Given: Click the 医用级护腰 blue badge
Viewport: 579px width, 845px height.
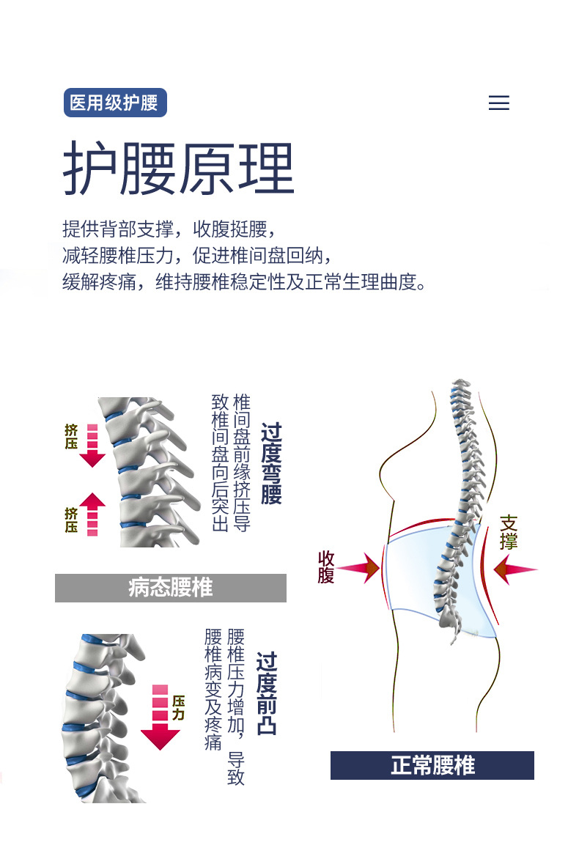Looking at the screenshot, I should [x=115, y=103].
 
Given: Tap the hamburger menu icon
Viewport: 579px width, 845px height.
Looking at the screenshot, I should [x=498, y=103].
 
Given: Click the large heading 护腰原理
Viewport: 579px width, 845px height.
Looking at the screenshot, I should [x=178, y=169].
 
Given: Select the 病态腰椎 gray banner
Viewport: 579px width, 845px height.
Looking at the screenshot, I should [x=170, y=588].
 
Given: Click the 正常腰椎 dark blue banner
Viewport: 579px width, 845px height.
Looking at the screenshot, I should [x=432, y=766].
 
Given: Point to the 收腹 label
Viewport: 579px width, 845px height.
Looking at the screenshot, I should [x=326, y=567].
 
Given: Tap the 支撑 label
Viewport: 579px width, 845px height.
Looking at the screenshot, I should [x=509, y=533].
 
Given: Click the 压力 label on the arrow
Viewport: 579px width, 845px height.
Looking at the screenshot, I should [x=178, y=708].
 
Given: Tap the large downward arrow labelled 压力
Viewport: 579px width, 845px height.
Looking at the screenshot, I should [x=160, y=718].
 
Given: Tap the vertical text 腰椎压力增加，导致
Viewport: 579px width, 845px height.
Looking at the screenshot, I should [x=235, y=706].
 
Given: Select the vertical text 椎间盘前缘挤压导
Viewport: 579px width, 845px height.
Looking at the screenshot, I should [x=241, y=462].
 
